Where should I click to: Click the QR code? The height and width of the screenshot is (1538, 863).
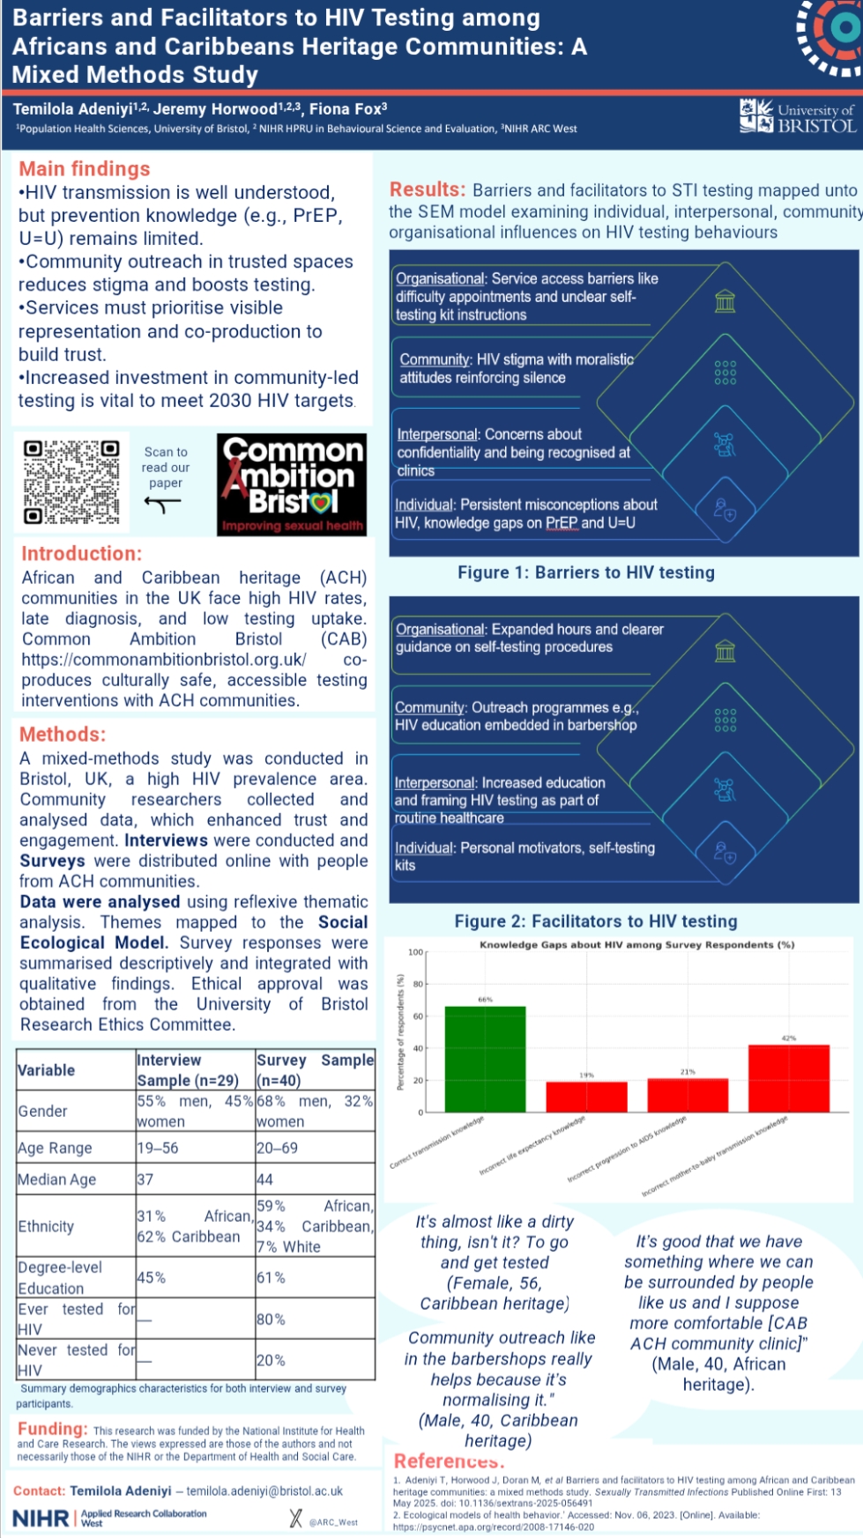pos(71,482)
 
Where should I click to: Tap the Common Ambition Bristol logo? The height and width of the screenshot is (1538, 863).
pos(292,484)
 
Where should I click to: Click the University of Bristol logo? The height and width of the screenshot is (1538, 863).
pos(797,117)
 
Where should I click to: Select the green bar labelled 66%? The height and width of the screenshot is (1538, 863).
pos(485,1059)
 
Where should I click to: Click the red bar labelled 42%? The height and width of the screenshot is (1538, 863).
pos(788,1078)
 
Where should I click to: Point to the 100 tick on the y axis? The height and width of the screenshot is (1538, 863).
pos(415,952)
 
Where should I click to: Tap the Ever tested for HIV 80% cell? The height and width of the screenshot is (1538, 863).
pos(271,1320)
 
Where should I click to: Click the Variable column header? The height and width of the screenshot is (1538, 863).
pos(47,1070)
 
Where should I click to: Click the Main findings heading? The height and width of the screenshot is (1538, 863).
pos(85,169)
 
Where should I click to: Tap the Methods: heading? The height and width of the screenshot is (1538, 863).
pos(63,735)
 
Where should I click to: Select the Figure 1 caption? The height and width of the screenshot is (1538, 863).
pos(585,573)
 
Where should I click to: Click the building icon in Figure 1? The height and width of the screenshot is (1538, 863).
pos(725,302)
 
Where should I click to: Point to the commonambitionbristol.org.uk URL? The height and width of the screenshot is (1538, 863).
pos(164,660)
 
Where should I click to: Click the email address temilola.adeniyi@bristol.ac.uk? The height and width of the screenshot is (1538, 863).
pos(264,1491)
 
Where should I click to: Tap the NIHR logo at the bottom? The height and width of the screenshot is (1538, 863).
pos(41,1518)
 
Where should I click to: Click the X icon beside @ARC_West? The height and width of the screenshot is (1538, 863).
pos(295,1518)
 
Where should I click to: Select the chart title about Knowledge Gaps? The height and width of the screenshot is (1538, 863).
pos(636,944)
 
